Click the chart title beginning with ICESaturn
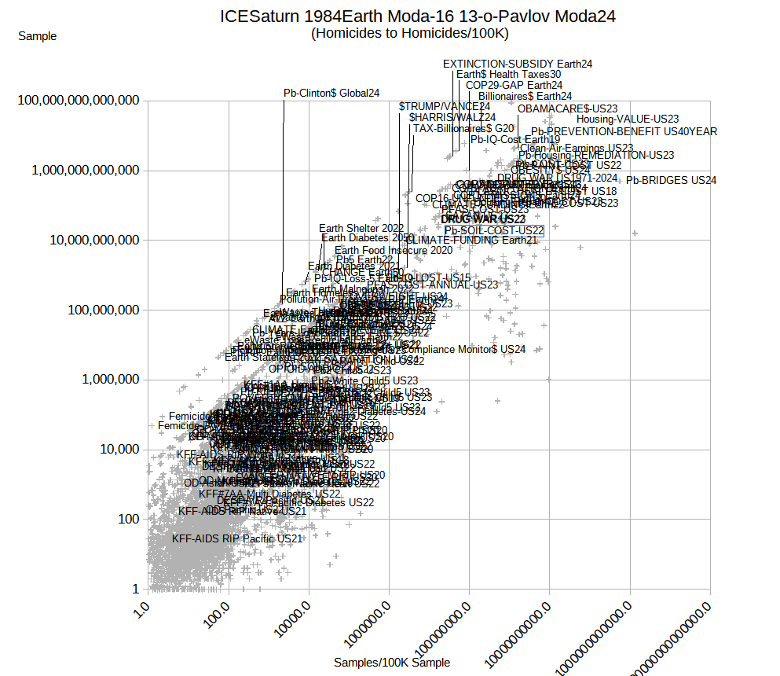(417, 17)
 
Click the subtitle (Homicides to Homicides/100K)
(410, 34)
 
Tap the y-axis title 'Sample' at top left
(37, 36)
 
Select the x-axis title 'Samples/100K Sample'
(392, 663)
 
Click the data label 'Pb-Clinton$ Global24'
(331, 93)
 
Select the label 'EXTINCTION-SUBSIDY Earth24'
(518, 64)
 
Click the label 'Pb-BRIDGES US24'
(671, 180)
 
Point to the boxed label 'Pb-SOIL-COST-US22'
(494, 230)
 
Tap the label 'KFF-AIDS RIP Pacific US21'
(237, 538)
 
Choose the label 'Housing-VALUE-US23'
(628, 119)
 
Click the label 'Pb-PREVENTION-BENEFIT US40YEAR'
(624, 131)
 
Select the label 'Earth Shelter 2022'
(361, 228)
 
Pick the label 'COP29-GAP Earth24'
(514, 85)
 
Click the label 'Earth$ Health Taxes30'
(509, 74)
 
